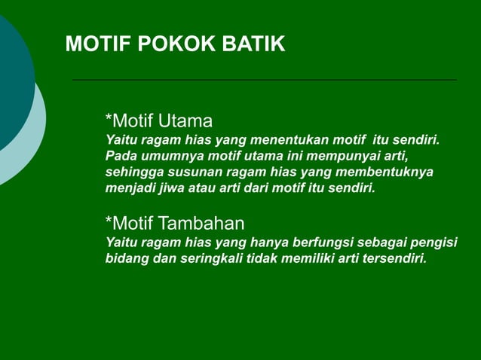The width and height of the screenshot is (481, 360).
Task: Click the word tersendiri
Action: point(394,259)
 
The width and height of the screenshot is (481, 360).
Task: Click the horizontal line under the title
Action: point(264,79)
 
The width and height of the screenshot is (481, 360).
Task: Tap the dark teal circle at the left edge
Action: point(11,83)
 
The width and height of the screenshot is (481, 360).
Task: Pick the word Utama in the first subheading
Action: point(186,121)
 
